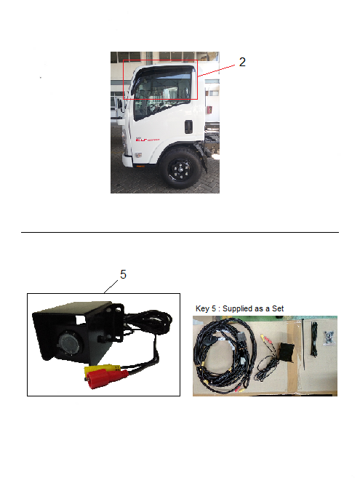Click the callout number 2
click(242, 62)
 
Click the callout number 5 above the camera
click(124, 275)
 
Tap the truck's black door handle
click(188, 127)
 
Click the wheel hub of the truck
click(180, 169)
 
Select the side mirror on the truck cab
click(119, 105)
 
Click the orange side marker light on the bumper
click(140, 166)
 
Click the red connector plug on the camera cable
click(107, 378)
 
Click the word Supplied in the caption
click(236, 308)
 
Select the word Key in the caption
click(202, 308)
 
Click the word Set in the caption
click(278, 308)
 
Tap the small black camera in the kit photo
click(287, 352)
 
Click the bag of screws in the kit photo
click(329, 338)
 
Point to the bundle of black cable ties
click(313, 339)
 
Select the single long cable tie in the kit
click(303, 344)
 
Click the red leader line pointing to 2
click(216, 71)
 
